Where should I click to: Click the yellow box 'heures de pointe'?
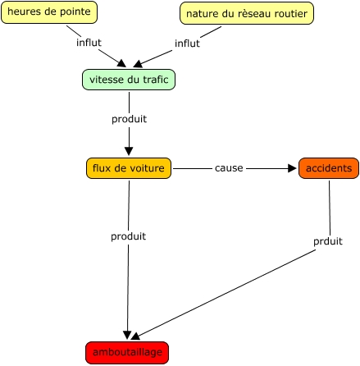coord(49,12)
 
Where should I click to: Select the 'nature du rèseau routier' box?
coord(247,13)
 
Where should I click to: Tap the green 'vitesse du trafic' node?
coord(129,80)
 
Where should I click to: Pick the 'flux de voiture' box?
coord(129,168)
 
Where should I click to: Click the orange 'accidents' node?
coord(329,168)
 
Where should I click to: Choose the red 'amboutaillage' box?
coord(127,353)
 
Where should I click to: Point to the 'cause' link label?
coord(229,168)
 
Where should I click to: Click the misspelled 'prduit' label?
coord(328,241)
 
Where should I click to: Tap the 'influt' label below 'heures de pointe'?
coord(89,43)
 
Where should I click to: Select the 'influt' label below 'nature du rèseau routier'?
coord(187,43)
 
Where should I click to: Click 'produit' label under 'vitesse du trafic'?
coord(129,119)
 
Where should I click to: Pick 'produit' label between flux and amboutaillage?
coord(128,236)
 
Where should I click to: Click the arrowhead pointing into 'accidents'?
coord(292,168)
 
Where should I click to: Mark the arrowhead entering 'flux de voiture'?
coord(129,151)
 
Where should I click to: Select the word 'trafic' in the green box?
coord(156,80)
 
